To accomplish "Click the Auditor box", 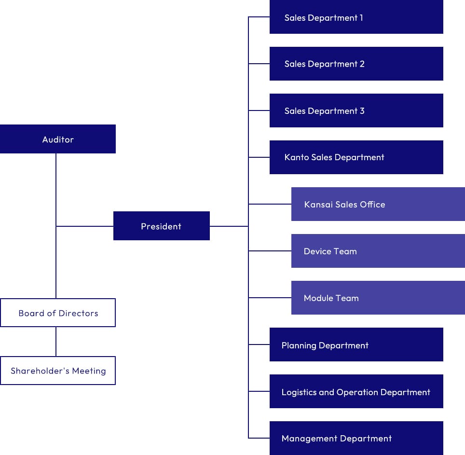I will [x=58, y=139].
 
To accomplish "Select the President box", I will [x=161, y=226].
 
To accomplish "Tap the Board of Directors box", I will [x=58, y=313].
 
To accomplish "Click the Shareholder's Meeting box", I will [x=58, y=371].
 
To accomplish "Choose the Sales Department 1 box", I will [x=356, y=17].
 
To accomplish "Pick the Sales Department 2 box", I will [x=356, y=64].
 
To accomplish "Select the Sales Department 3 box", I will [x=356, y=110].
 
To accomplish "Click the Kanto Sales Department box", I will [x=356, y=157].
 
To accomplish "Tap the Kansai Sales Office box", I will [x=378, y=204].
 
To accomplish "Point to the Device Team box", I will [x=378, y=251].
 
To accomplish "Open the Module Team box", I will [x=378, y=298].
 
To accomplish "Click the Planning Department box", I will [x=356, y=345].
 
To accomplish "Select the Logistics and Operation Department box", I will [x=356, y=391].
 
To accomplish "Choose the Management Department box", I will [x=356, y=438].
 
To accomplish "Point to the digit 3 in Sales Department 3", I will [x=362, y=111].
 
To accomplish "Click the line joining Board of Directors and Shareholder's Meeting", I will [x=56, y=342].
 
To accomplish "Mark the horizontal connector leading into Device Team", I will [x=270, y=251].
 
